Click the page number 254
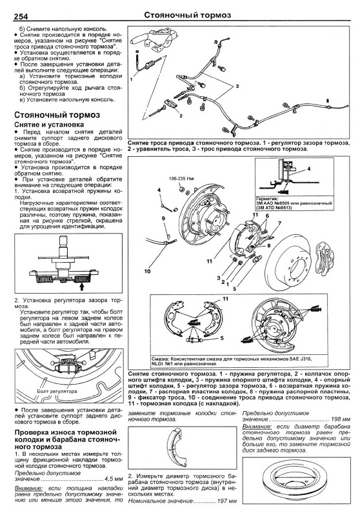[21, 17]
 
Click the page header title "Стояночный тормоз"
[188, 15]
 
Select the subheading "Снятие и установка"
[49, 125]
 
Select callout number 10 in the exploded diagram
[147, 271]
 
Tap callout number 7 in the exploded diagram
[280, 224]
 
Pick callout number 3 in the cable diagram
[237, 86]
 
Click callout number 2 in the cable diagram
[181, 116]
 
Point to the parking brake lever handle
[140, 40]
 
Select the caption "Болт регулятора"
[57, 391]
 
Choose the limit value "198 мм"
[341, 419]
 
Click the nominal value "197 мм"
[227, 501]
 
